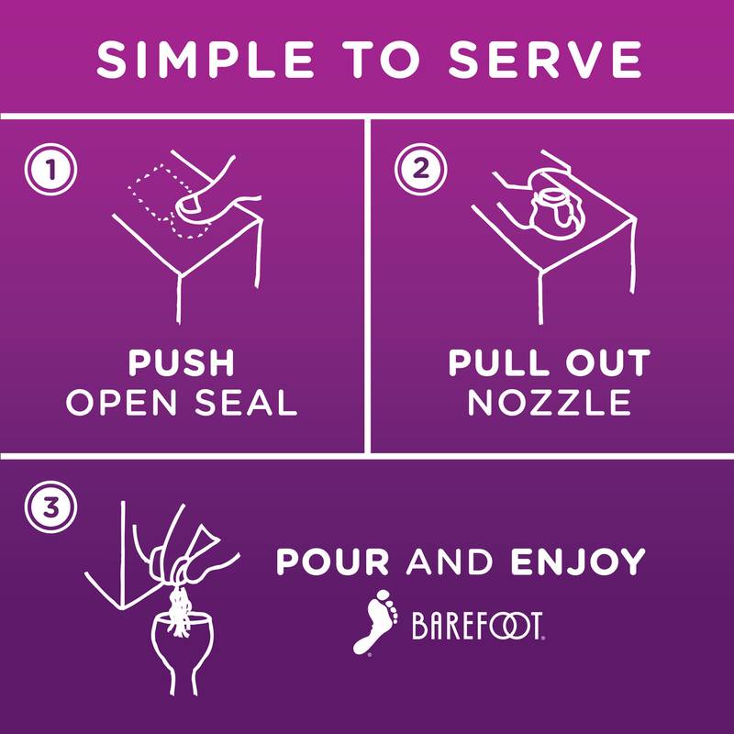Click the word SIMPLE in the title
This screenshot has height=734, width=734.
205,60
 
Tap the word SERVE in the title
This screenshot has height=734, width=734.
545,60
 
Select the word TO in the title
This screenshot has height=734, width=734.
382,60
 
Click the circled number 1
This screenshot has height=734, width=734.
50,169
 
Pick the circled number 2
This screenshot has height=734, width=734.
420,169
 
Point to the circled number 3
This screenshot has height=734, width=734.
50,507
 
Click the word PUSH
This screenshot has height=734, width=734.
181,362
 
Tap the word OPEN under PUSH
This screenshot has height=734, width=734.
122,403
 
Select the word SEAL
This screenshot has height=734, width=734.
246,403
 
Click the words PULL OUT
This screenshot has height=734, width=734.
550,362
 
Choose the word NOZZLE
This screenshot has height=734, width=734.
550,403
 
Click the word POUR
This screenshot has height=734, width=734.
332,562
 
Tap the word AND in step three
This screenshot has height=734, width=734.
450,562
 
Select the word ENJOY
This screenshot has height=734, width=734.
578,562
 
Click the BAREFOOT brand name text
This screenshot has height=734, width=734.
477,626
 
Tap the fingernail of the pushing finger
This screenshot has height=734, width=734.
188,205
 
